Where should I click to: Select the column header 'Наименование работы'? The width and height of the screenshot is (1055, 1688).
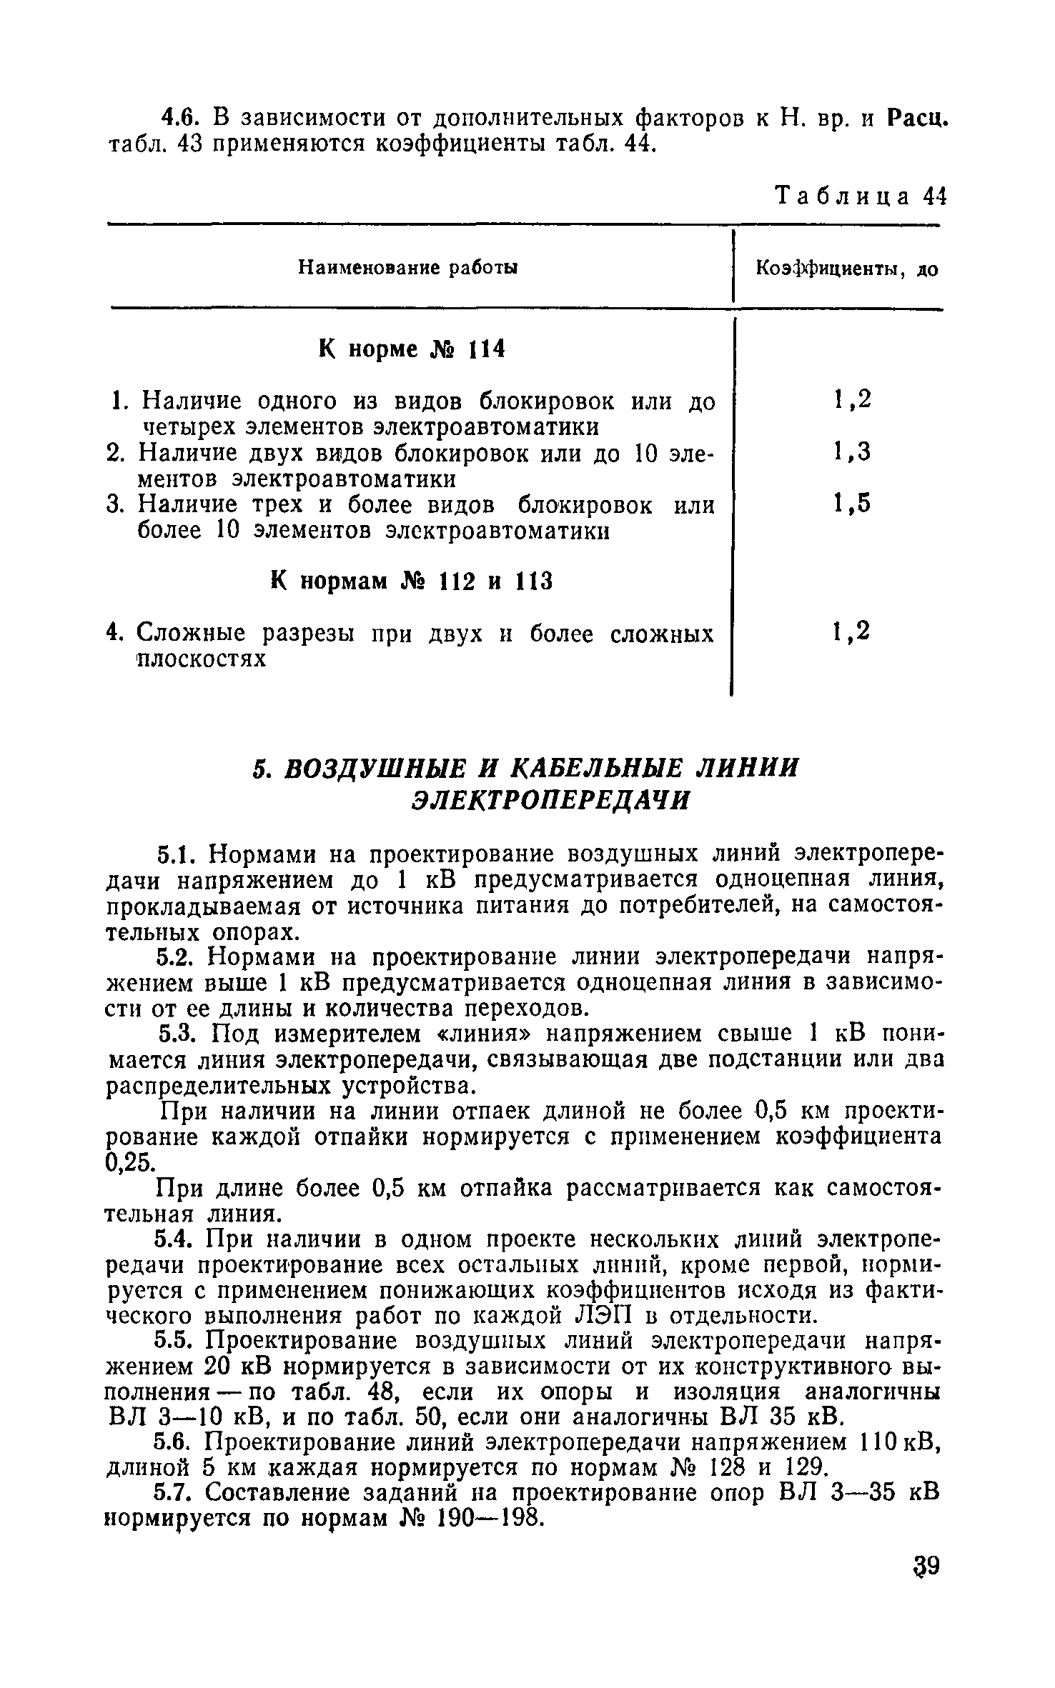tap(407, 268)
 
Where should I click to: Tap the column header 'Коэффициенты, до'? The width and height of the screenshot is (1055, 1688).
tap(846, 269)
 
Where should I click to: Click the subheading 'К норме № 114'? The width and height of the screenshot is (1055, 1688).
tap(411, 349)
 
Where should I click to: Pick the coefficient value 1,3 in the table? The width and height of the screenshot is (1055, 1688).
tap(852, 452)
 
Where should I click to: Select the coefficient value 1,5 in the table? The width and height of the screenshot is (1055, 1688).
tap(852, 505)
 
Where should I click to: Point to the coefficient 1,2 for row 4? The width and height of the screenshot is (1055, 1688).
tap(852, 632)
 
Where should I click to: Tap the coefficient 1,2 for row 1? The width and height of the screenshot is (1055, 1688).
tap(852, 400)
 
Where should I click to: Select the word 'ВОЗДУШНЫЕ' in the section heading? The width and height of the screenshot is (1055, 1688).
tap(372, 769)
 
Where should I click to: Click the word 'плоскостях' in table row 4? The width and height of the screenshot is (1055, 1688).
tap(202, 659)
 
